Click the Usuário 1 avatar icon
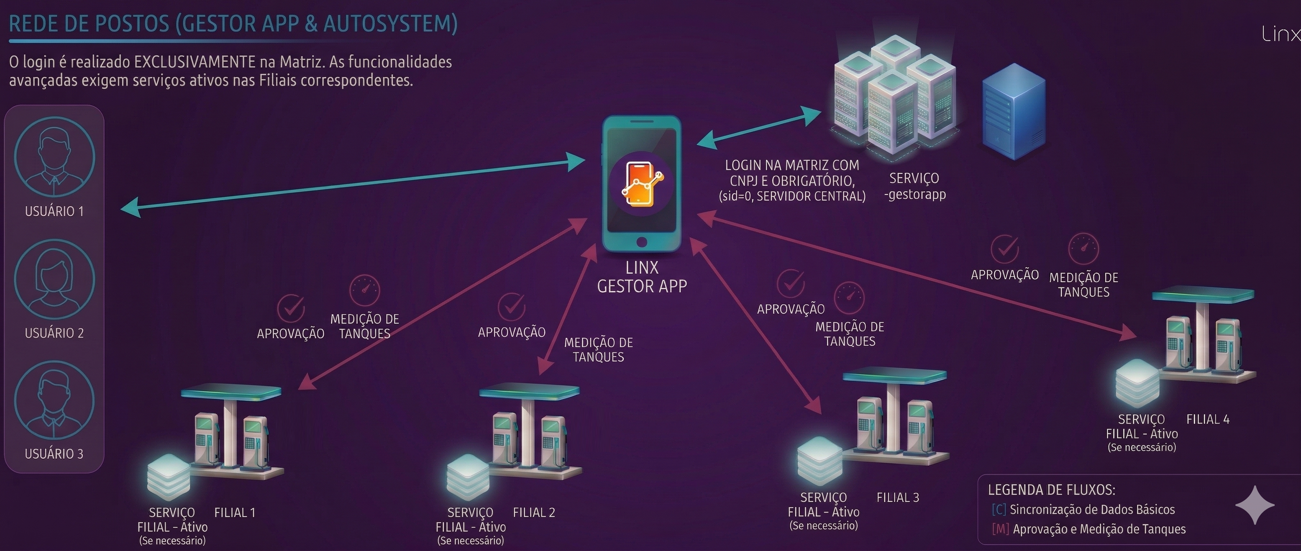tap(54, 157)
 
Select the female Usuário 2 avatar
tap(54, 279)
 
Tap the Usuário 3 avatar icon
tap(54, 401)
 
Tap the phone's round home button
tap(641, 242)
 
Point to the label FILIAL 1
tap(235, 512)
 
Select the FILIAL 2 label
tap(534, 512)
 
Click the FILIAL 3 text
tap(898, 497)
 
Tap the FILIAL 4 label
tap(1207, 419)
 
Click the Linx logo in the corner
tap(1281, 34)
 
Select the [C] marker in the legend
tap(998, 510)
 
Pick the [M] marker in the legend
tap(1000, 529)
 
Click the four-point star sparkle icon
tap(1255, 505)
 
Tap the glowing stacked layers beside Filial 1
tap(168, 477)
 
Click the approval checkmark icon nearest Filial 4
tap(1004, 249)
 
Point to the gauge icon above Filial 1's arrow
tap(365, 290)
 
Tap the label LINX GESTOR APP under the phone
tap(642, 277)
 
